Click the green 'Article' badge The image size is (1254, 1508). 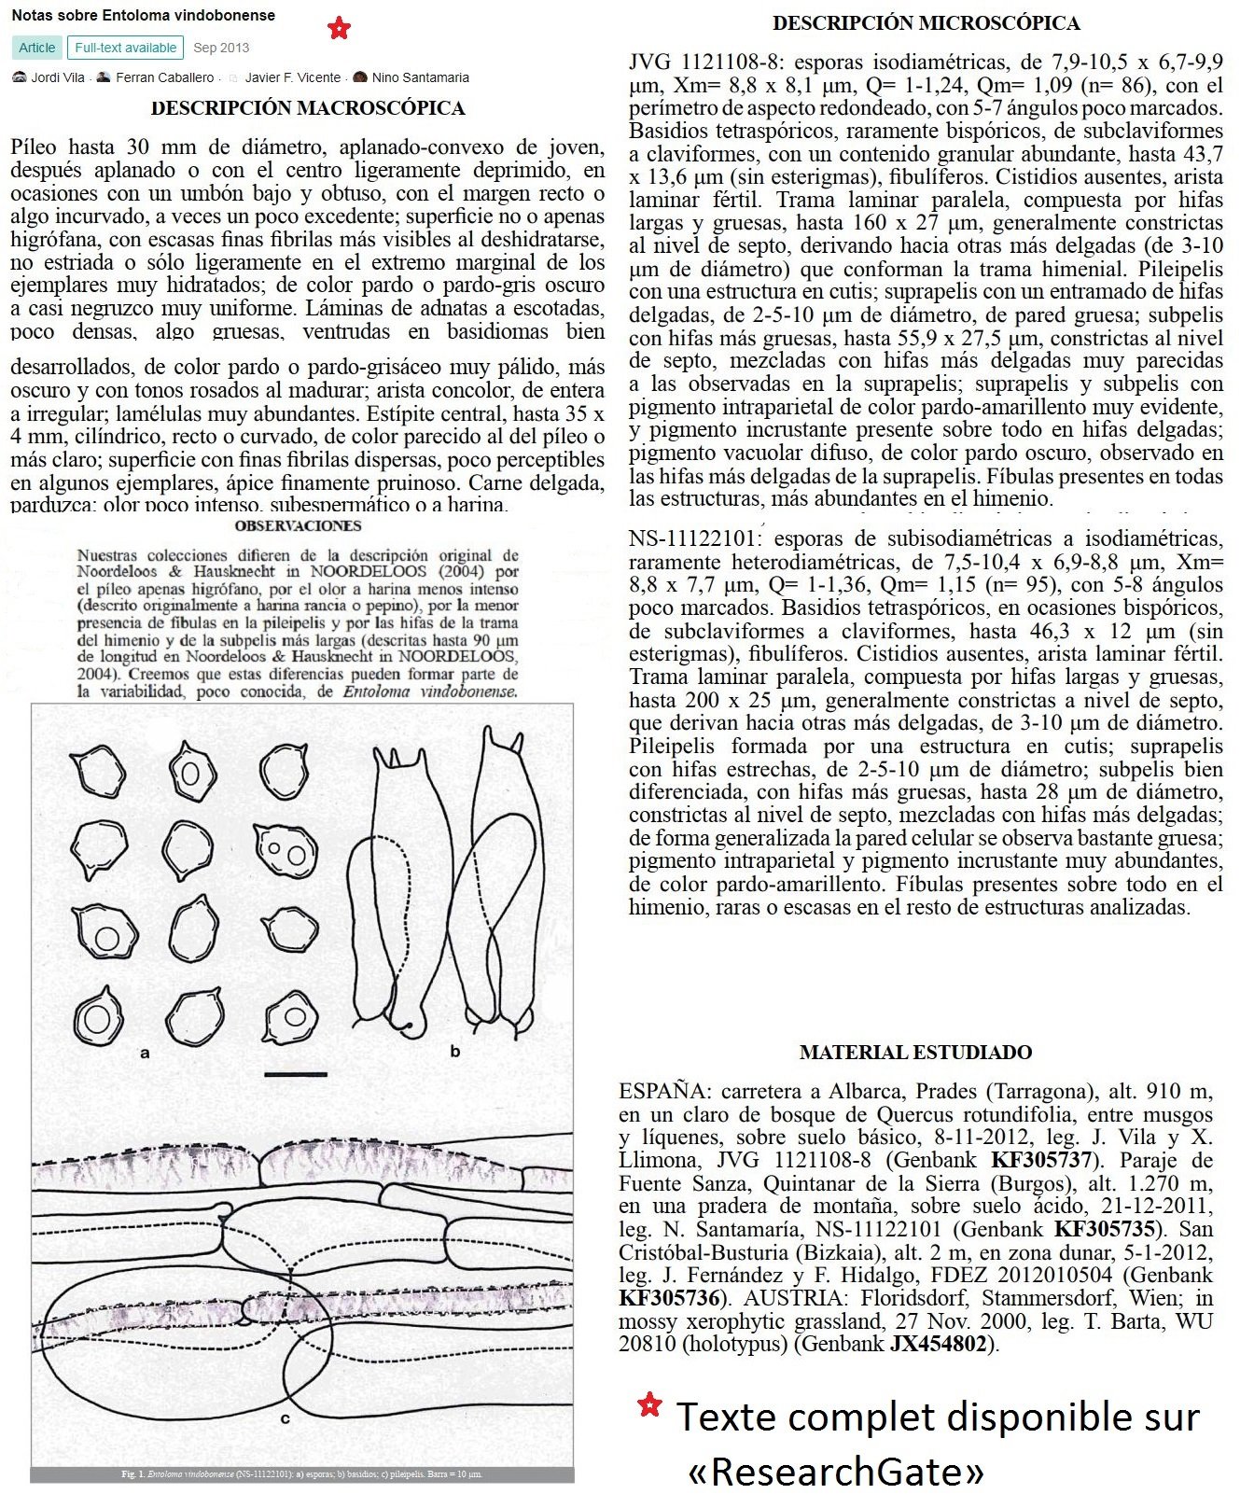37,48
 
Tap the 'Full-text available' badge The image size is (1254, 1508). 125,48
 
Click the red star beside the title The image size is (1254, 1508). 339,29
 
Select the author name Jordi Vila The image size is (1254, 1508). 57,77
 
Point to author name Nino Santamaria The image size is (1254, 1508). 420,77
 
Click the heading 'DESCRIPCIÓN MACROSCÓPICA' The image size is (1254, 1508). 308,108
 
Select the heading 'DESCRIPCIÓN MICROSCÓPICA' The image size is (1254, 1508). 927,23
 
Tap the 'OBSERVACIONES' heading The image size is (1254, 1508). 299,526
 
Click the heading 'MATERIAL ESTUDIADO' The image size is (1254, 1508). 915,1053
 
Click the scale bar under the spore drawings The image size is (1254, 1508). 296,1074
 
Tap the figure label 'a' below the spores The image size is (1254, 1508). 145,1054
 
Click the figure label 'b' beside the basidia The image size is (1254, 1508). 455,1052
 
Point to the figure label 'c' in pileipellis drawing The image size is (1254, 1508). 286,1419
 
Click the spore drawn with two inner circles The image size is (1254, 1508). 287,852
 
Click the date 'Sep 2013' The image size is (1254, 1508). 221,48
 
